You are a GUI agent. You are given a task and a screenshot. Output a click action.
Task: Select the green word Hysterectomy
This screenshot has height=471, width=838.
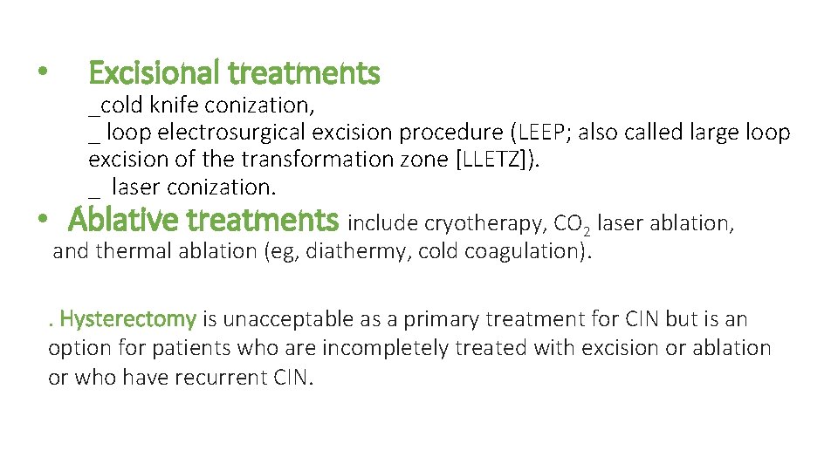coord(129,319)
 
